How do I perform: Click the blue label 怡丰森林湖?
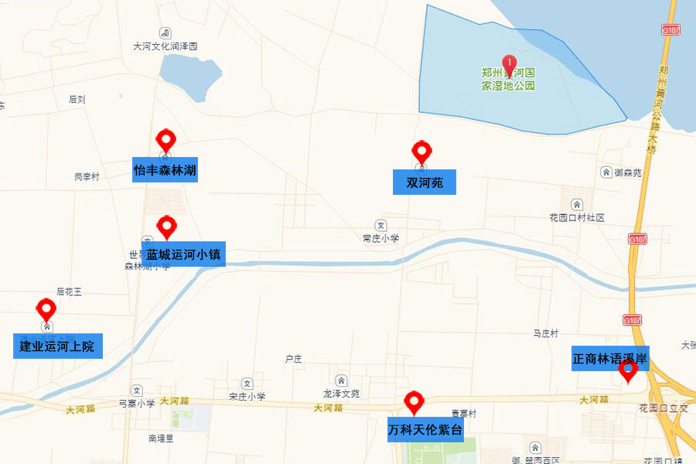(165, 169)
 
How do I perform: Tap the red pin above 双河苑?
(421, 152)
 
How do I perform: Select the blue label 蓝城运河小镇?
(184, 254)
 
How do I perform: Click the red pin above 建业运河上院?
(46, 310)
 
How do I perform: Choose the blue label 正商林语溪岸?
(610, 358)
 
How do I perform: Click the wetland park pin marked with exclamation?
(509, 63)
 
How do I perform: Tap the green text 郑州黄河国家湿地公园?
(508, 80)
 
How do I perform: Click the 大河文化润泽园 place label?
(165, 46)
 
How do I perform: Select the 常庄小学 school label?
(380, 238)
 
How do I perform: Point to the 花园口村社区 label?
(576, 218)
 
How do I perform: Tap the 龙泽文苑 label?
(341, 393)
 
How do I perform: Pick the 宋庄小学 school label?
(247, 396)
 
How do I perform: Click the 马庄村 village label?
(545, 333)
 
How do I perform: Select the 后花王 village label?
(69, 292)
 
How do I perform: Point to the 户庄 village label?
(293, 359)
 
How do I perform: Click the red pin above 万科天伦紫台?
(415, 402)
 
